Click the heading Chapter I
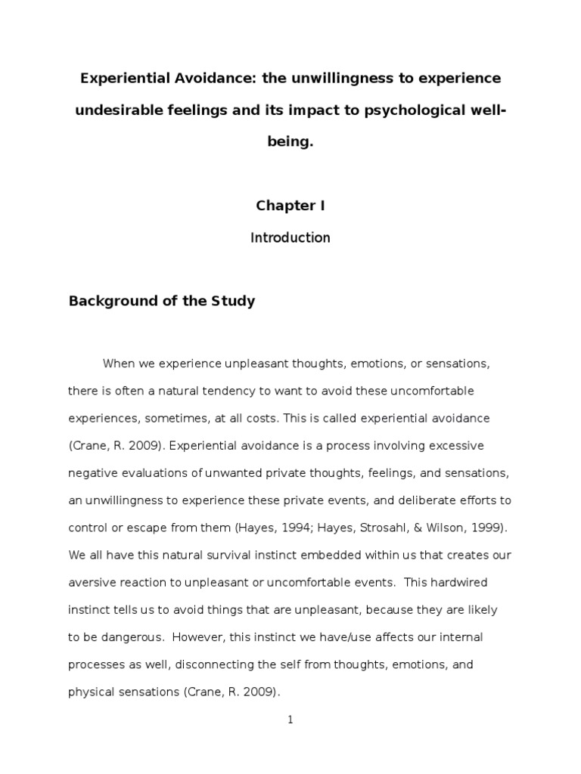pyautogui.click(x=290, y=206)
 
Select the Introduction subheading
pyautogui.click(x=290, y=238)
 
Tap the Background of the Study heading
pyautogui.click(x=162, y=301)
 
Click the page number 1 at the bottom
pyautogui.click(x=290, y=720)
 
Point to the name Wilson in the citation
pyautogui.click(x=427, y=528)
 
